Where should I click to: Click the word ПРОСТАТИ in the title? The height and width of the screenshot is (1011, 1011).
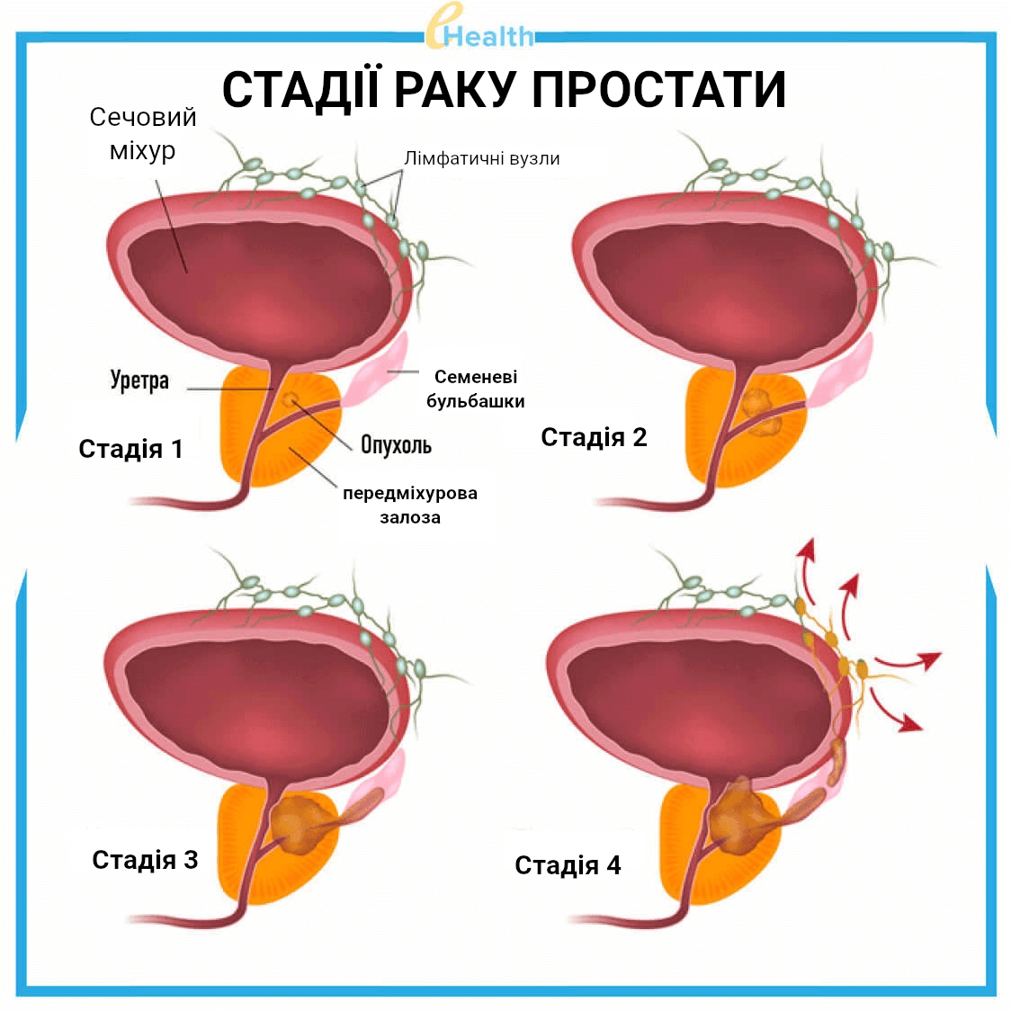pos(658,90)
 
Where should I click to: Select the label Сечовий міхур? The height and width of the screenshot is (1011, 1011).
pos(142,133)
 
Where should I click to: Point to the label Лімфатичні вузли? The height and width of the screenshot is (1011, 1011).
pos(481,158)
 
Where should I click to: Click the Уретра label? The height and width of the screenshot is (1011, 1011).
pos(139,380)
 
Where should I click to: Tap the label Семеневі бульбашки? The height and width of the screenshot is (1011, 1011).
pos(475,389)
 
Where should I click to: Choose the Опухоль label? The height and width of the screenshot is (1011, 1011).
pos(396,445)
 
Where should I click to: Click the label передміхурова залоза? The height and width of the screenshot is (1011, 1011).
pos(410,505)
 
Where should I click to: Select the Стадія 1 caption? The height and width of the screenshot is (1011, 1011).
pos(131,449)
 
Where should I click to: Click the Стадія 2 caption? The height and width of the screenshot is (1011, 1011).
pos(594,437)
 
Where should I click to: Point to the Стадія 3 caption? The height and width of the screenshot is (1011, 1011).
pos(145,860)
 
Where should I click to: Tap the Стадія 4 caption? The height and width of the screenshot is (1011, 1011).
pos(568,865)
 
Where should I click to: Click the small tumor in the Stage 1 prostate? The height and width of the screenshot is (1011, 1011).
pos(290,399)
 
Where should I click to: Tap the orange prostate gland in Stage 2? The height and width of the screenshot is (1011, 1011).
pos(747,428)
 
